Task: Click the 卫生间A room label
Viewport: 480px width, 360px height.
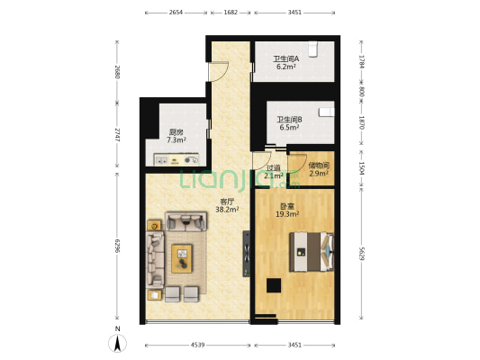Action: click(x=285, y=59)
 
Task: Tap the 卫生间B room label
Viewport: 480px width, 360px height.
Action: click(x=289, y=119)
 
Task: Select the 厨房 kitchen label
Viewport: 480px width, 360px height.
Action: click(x=176, y=132)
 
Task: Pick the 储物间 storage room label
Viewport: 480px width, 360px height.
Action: click(x=319, y=165)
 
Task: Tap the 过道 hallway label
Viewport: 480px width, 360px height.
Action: click(x=273, y=167)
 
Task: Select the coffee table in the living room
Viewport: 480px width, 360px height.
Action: click(x=183, y=259)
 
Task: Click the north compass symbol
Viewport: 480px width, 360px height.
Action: click(x=116, y=342)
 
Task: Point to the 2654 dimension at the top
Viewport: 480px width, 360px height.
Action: click(x=176, y=13)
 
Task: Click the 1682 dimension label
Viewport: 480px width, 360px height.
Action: click(x=231, y=13)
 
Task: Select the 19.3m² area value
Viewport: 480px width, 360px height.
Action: click(x=286, y=214)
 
